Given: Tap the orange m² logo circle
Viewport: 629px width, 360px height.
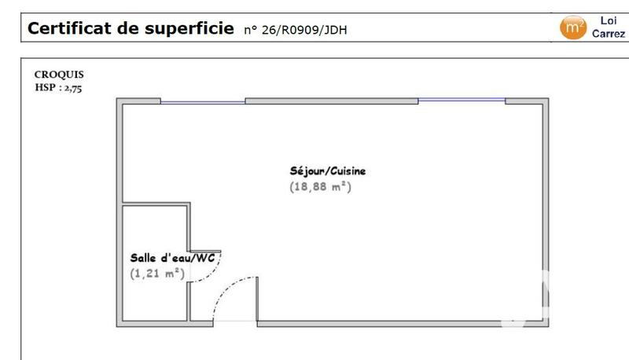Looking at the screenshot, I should (572, 28).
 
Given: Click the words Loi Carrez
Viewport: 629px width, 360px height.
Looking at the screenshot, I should (609, 28).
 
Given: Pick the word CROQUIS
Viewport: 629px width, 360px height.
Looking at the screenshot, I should (59, 75).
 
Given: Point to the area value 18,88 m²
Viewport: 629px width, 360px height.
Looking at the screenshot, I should (318, 187).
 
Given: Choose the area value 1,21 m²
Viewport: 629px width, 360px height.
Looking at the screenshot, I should (156, 274).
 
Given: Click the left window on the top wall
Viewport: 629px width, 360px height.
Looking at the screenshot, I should (203, 101).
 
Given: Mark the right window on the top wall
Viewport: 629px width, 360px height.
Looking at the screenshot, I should (462, 100).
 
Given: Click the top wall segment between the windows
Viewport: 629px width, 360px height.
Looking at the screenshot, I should (332, 101).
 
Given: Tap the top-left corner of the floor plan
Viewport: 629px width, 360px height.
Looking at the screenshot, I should (120, 101).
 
